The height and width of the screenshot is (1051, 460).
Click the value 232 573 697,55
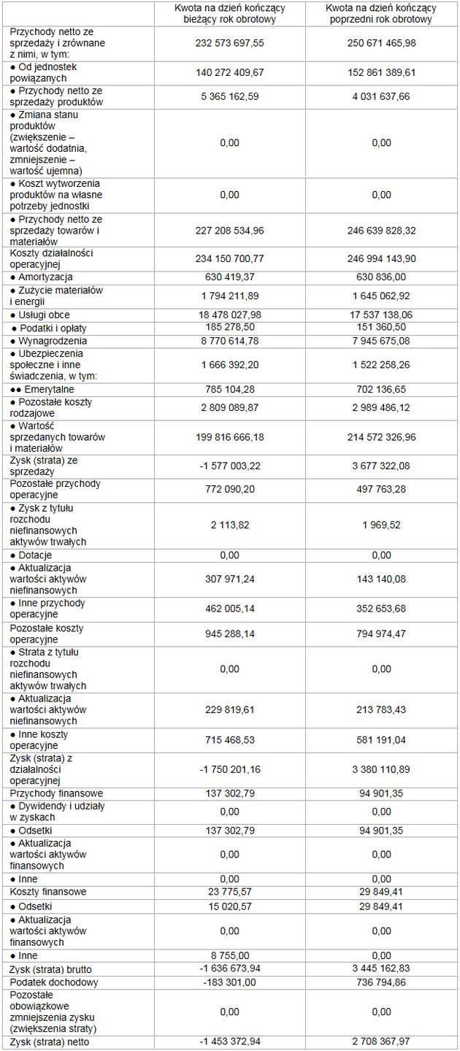click(229, 44)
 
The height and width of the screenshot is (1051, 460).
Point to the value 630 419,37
click(229, 277)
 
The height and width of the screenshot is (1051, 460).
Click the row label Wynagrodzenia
click(48, 341)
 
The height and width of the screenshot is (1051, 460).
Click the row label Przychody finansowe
click(56, 793)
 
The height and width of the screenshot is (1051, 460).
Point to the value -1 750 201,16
click(229, 769)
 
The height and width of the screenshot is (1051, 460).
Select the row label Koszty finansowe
click(48, 892)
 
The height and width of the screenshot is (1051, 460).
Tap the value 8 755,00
click(229, 955)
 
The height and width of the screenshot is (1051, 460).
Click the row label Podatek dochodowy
click(54, 982)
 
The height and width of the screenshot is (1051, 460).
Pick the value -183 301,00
click(229, 982)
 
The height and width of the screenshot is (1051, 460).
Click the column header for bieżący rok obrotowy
click(229, 14)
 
